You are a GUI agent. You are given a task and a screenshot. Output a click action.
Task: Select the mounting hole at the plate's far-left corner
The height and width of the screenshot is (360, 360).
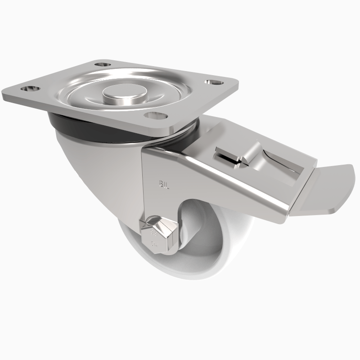[31, 88]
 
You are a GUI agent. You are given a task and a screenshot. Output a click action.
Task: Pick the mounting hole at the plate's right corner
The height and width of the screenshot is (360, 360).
[211, 82]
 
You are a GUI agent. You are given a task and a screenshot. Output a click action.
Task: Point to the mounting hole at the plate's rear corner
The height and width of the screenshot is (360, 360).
[104, 64]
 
